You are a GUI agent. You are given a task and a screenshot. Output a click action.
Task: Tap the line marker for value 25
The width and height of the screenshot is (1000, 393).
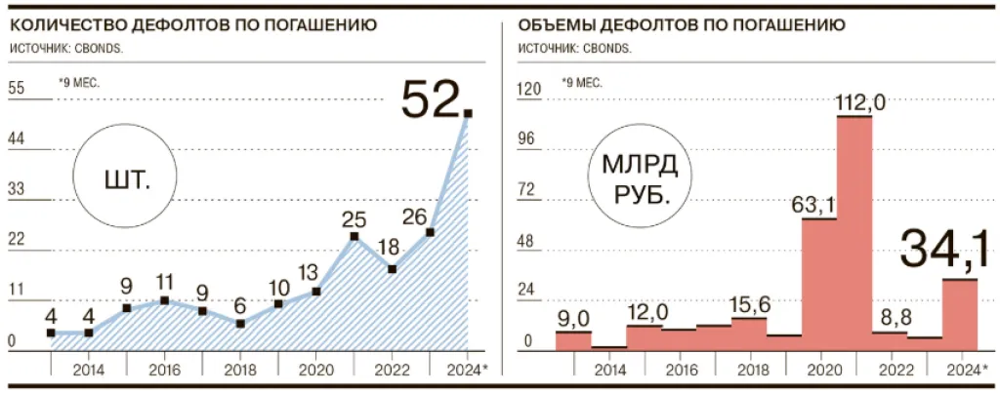click(354, 237)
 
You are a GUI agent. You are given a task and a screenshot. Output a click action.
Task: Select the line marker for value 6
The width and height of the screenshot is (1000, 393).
click(240, 323)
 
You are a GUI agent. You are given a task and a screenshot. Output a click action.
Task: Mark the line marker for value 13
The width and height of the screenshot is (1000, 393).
click(316, 291)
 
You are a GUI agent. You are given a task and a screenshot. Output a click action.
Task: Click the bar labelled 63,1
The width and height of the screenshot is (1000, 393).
click(819, 284)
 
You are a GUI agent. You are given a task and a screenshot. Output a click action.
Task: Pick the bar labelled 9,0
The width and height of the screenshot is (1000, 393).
click(573, 339)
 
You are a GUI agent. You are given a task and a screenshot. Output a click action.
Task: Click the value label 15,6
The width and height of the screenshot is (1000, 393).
click(749, 303)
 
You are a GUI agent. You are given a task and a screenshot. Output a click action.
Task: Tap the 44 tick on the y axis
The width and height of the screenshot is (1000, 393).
click(17, 139)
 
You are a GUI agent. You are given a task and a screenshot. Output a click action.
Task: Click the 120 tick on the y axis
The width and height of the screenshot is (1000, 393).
click(527, 89)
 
